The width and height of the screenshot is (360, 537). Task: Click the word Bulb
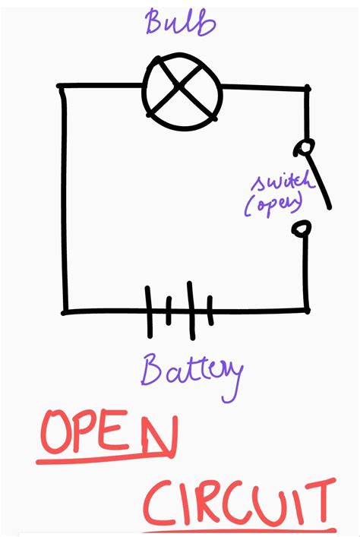181,22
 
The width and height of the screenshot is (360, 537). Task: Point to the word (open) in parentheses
274,204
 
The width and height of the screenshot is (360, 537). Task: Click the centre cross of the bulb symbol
179,87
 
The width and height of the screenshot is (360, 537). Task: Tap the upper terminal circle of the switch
305,147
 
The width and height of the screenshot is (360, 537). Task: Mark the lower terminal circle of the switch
302,229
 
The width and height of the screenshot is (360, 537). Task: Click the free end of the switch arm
330,207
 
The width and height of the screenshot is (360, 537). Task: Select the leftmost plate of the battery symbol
149,312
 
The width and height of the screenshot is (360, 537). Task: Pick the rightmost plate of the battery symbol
210,311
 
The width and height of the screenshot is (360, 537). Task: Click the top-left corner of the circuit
61,87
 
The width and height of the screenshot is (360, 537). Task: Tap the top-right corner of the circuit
308,89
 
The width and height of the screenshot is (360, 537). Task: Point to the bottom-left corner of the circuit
64,312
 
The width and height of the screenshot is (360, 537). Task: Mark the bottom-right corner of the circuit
307,311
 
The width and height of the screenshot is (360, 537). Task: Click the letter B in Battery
151,369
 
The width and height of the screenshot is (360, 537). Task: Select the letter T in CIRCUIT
318,502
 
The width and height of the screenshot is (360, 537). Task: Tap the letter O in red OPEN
55,432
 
